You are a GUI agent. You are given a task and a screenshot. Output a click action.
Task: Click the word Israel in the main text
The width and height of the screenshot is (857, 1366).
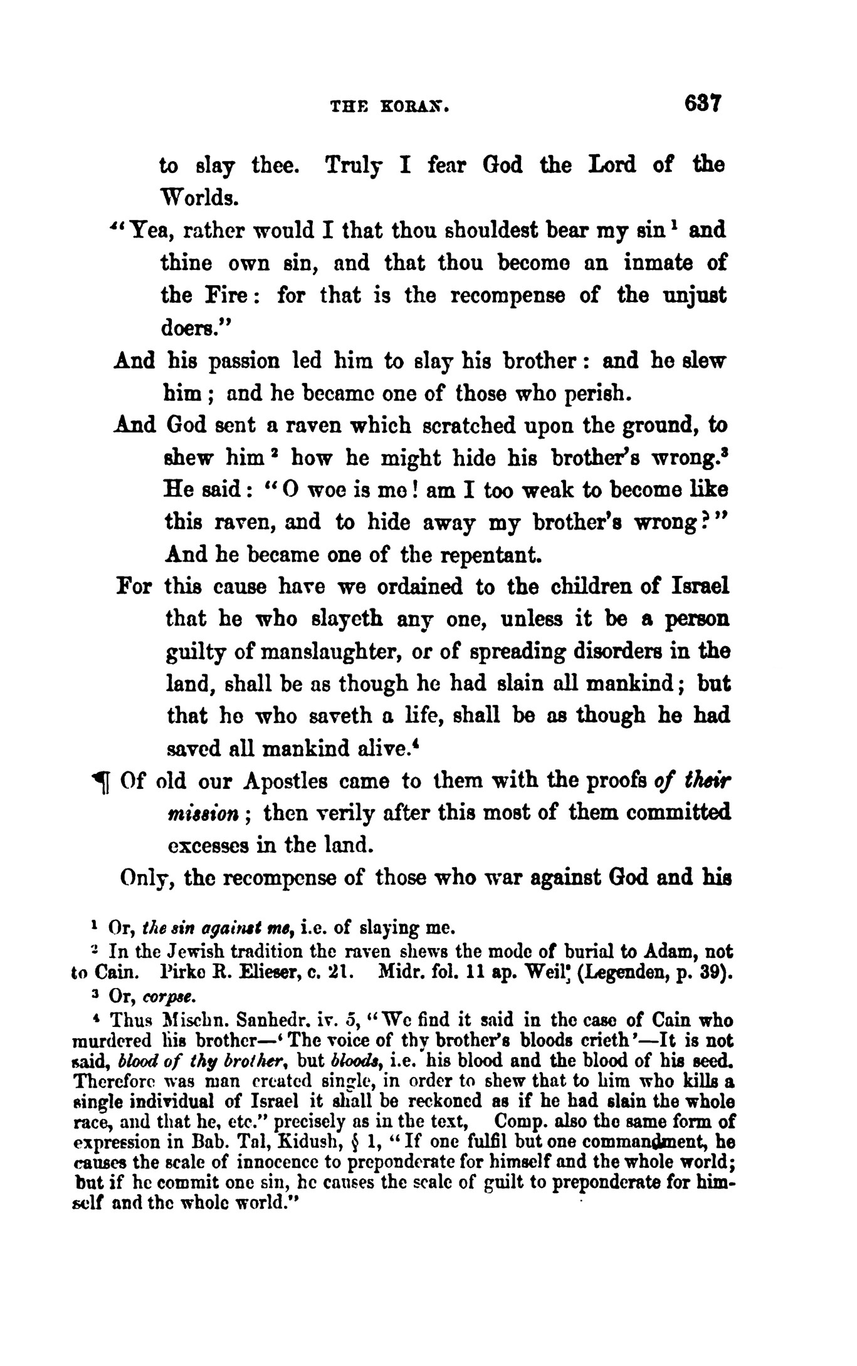[x=700, y=587]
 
